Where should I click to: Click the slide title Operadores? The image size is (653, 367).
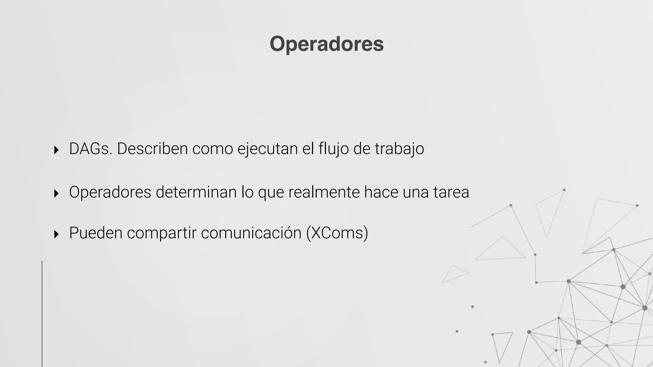click(x=326, y=44)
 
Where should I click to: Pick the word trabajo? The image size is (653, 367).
click(x=399, y=149)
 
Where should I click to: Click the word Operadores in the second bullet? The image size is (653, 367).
click(x=110, y=192)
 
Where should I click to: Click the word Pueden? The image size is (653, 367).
click(x=96, y=233)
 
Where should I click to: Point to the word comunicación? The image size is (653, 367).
click(x=251, y=233)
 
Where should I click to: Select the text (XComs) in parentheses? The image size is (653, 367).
click(x=337, y=233)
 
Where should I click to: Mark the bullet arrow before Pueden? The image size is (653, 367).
click(x=56, y=234)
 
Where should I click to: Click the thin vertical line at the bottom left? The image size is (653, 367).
click(x=42, y=314)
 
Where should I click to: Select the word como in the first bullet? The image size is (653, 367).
click(x=212, y=149)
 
